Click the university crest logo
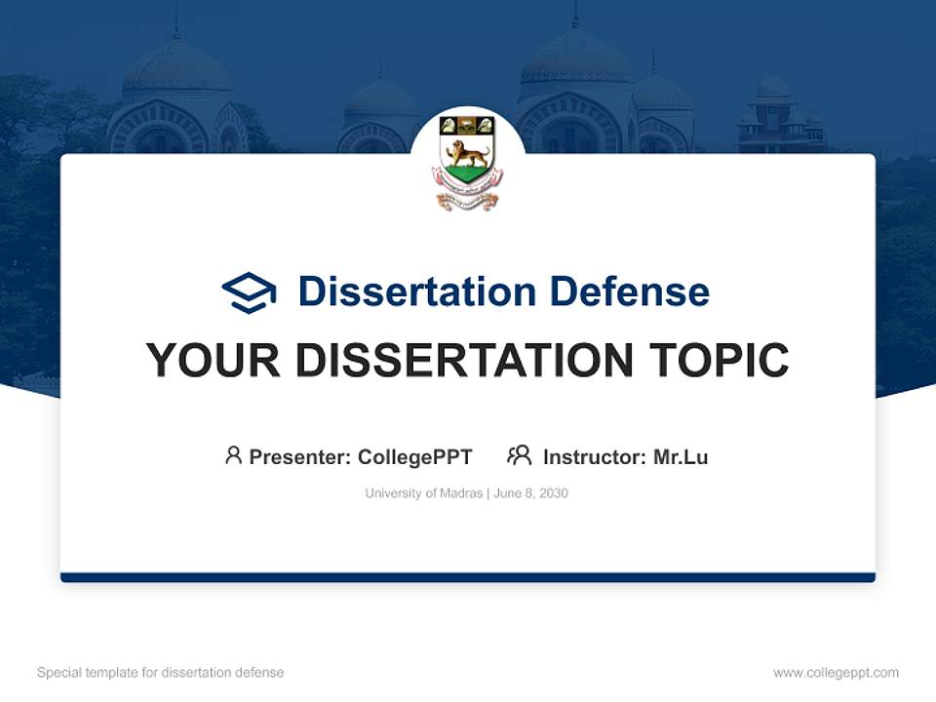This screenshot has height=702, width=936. pos(467,161)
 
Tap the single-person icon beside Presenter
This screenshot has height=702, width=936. pos(233,455)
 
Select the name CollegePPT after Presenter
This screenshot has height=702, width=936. pos(415,457)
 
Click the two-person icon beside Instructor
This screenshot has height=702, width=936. pos(519,455)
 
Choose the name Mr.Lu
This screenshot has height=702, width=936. pos(681,457)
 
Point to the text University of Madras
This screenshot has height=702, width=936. pos(423,493)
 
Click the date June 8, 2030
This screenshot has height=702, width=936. pos(531,493)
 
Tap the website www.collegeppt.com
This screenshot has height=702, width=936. pos(836,673)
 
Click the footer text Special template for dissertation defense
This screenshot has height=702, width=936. pos(161,673)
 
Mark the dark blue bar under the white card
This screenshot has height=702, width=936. pos(467,577)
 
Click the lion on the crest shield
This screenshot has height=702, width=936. pos(467,154)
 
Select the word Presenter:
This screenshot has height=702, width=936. pos(300,457)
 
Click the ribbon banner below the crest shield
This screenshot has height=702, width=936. pos(467,200)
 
